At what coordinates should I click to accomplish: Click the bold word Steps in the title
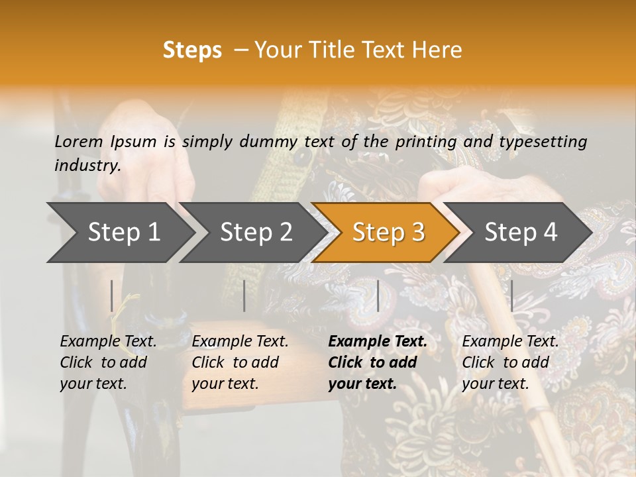192,50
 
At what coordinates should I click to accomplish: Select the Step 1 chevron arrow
119,232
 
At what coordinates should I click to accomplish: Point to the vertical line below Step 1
112,295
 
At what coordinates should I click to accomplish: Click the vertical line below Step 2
244,295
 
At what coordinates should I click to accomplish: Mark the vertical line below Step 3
378,295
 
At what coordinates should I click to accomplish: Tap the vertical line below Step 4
511,295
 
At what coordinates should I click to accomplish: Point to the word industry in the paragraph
86,166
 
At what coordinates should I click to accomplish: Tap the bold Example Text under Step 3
378,342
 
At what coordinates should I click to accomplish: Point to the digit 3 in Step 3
417,232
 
